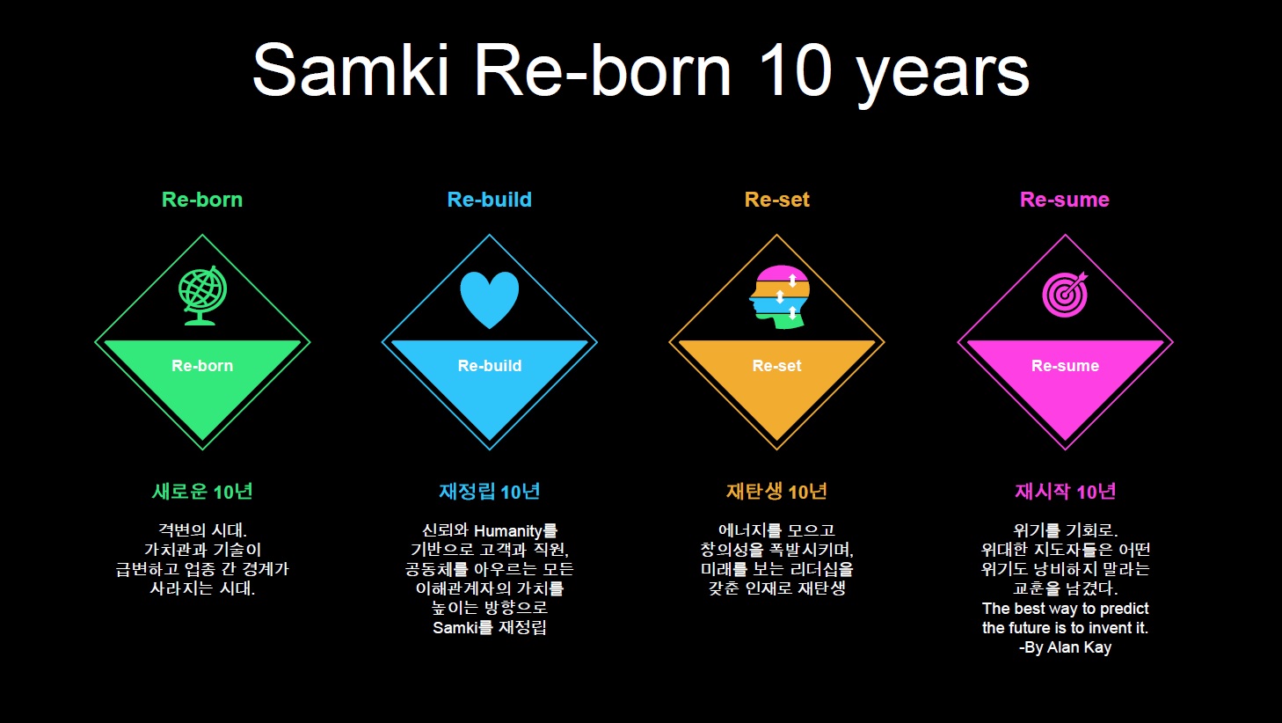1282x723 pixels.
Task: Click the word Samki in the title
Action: [x=350, y=70]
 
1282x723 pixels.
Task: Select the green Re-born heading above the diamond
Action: [x=202, y=199]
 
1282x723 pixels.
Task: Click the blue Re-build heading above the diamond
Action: [x=490, y=199]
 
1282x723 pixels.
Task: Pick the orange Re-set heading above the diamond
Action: [x=776, y=199]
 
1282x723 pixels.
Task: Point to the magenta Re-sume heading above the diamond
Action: [x=1065, y=199]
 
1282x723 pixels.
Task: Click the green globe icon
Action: [x=202, y=296]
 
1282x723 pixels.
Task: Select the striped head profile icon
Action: [x=780, y=296]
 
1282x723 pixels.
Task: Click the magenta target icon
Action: [x=1065, y=295]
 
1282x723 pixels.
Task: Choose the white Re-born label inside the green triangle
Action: [x=202, y=365]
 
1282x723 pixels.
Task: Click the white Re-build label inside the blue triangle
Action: [x=490, y=365]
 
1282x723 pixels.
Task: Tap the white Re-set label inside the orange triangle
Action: [x=776, y=365]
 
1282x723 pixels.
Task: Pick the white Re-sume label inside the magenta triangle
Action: [x=1065, y=365]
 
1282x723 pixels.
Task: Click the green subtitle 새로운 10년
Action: [x=202, y=491]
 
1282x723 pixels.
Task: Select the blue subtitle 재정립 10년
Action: [x=490, y=491]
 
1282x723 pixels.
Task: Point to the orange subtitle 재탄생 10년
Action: [x=776, y=491]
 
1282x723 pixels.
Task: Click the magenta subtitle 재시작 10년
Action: [x=1065, y=491]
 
